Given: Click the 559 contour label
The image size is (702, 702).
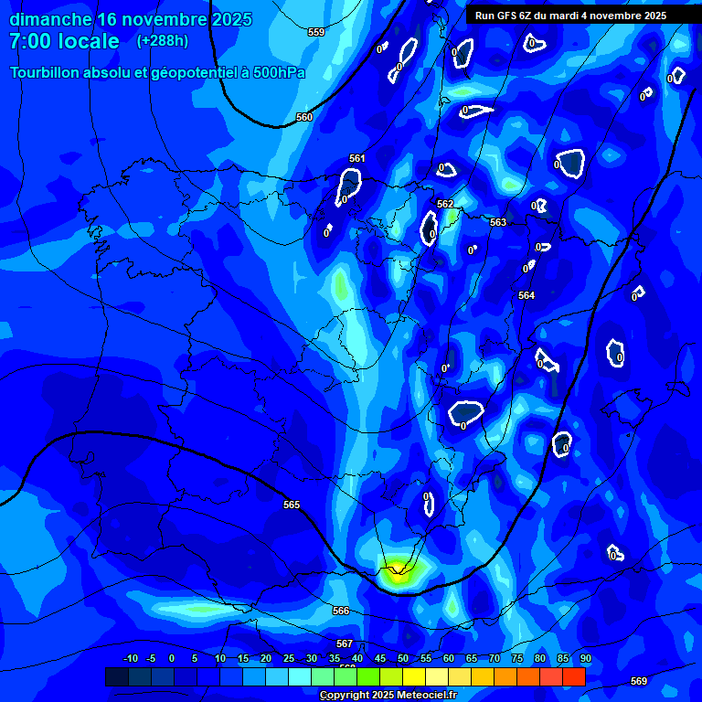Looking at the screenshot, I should [x=316, y=32].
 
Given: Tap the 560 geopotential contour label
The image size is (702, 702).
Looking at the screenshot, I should [x=304, y=117].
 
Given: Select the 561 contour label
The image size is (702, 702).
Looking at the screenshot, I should [x=357, y=158].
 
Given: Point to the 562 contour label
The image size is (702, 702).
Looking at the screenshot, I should [x=445, y=204].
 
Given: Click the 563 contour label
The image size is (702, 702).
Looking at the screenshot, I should [x=498, y=222].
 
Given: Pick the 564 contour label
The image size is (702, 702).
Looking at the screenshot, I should [x=526, y=295].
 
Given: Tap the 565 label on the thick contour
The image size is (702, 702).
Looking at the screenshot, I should [x=292, y=505].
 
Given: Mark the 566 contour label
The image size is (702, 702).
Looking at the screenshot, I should [x=341, y=611].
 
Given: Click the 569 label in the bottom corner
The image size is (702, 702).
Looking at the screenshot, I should [x=639, y=681].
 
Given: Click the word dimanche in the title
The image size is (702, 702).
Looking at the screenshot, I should [x=50, y=18].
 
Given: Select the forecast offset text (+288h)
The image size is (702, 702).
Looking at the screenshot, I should [x=163, y=41].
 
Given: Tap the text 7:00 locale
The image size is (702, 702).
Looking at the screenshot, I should [x=64, y=41].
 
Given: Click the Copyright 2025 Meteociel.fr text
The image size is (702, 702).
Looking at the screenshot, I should [x=388, y=696].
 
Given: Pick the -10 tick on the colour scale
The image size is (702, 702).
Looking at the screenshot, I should [x=130, y=658].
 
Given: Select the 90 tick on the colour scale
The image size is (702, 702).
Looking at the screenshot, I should [x=585, y=658].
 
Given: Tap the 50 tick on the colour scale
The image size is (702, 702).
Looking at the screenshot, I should [x=403, y=658].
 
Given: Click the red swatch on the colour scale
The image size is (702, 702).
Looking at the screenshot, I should [x=573, y=676].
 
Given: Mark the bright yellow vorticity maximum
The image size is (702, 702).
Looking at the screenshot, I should [x=398, y=574].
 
